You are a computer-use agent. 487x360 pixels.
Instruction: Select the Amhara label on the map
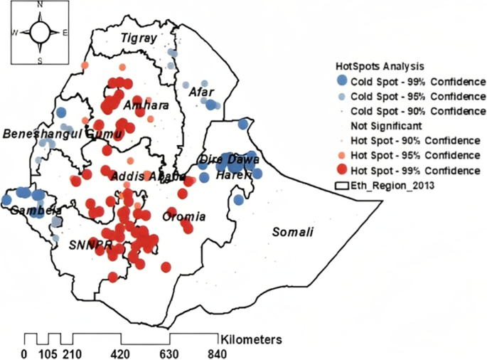(146, 106)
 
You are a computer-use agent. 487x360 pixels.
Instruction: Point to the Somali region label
(294, 233)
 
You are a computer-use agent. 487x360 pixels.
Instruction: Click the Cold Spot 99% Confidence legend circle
(343, 80)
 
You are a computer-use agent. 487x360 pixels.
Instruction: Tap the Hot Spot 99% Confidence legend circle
(343, 171)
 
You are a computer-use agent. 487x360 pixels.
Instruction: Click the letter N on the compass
(40, 6)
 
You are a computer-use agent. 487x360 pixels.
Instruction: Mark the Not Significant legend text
(385, 126)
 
